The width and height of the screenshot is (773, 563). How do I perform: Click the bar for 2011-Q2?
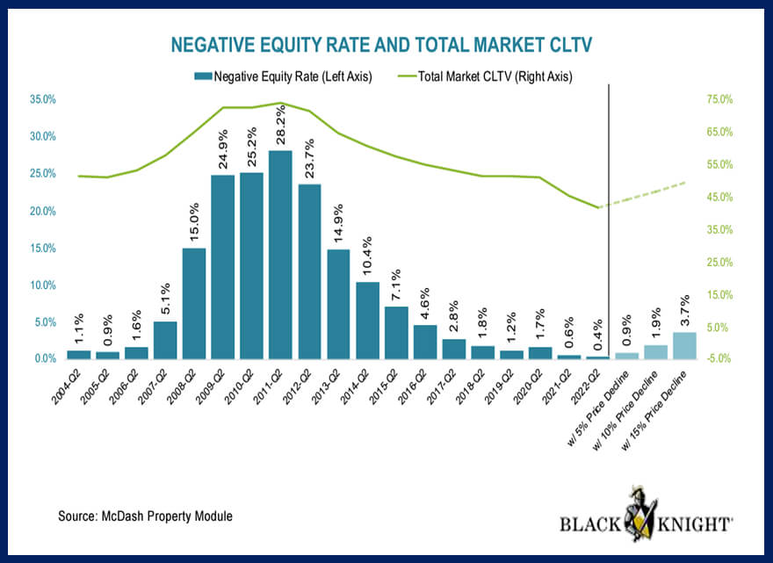tap(280, 255)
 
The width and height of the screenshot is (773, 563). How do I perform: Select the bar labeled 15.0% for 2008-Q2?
tap(193, 303)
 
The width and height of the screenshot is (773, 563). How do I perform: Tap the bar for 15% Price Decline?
tap(683, 345)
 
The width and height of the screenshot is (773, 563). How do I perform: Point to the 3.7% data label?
tap(683, 311)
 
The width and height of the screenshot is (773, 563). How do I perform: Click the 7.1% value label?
tap(396, 285)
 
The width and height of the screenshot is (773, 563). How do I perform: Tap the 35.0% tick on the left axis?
tap(44, 100)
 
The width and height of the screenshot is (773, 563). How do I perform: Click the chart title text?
tap(386, 45)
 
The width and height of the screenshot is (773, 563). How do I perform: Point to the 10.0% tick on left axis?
tap(44, 285)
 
